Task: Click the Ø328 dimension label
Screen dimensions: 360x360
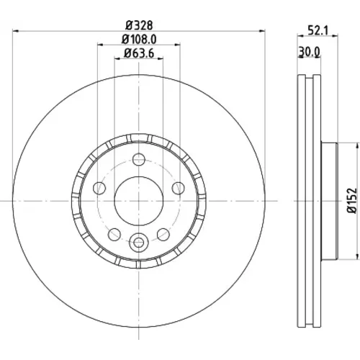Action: pyautogui.click(x=139, y=25)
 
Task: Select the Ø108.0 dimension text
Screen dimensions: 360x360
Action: pyautogui.click(x=139, y=40)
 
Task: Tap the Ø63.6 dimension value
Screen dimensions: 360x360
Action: pyautogui.click(x=139, y=53)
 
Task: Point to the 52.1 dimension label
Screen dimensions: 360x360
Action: pyautogui.click(x=318, y=30)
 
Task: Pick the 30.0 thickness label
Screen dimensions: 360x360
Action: pyautogui.click(x=309, y=52)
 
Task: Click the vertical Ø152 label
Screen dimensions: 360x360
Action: pyautogui.click(x=352, y=201)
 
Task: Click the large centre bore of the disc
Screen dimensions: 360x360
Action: pyautogui.click(x=139, y=201)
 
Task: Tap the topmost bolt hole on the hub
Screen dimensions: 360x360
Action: pyautogui.click(x=139, y=159)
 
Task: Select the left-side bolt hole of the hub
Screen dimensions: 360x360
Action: pyautogui.click(x=99, y=188)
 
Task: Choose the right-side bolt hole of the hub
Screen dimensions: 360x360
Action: pyautogui.click(x=179, y=188)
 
